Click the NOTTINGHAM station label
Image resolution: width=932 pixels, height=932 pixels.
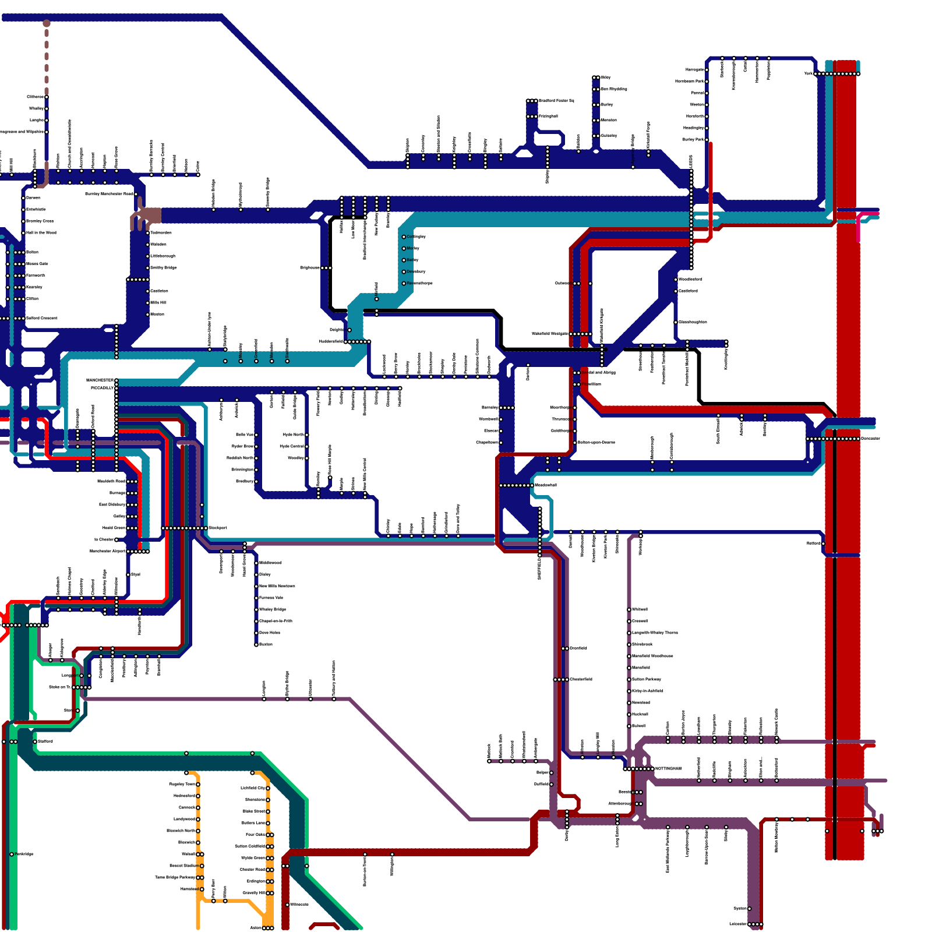point(668,769)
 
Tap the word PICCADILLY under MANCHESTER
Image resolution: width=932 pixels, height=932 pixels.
point(102,388)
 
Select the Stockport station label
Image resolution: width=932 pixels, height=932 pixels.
point(218,528)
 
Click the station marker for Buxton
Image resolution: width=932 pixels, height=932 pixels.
point(256,645)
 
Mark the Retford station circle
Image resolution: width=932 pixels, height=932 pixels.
point(823,543)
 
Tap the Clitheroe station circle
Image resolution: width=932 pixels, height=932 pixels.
point(47,97)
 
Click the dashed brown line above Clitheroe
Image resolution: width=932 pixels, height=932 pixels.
point(47,58)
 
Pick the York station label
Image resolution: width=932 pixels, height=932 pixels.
point(808,74)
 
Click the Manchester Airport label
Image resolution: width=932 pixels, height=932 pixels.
point(108,551)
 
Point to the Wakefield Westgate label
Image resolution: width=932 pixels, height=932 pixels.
point(549,334)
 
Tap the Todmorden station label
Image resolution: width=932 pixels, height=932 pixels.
point(161,233)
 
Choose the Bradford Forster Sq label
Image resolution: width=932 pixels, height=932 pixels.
point(556,101)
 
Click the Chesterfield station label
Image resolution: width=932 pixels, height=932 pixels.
point(581,679)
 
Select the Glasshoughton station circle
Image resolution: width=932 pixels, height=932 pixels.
point(676,322)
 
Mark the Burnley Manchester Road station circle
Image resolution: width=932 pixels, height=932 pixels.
point(136,194)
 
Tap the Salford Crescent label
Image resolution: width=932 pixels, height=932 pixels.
point(42,318)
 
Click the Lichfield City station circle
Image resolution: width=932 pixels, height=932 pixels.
point(268,788)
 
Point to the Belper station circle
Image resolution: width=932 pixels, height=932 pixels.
point(552,773)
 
